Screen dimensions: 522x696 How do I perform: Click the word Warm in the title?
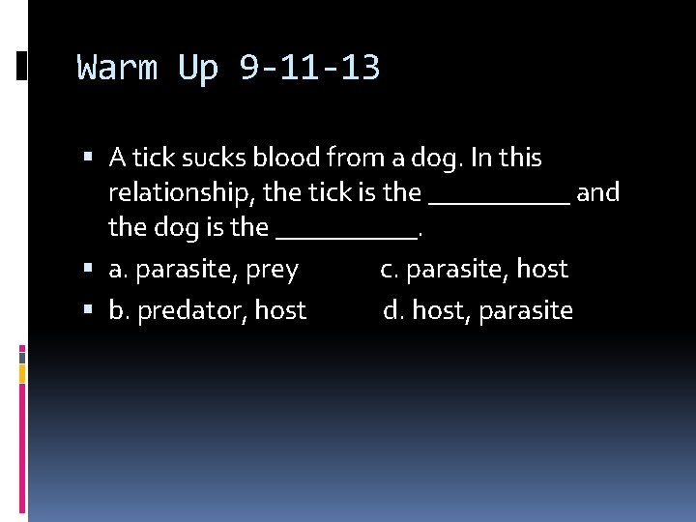117,69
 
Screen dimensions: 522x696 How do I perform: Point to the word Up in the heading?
198,69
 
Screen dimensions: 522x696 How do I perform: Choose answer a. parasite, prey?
204,270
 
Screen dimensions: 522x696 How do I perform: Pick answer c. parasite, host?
474,270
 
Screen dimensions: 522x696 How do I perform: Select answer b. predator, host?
208,310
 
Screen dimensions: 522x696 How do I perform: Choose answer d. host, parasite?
478,310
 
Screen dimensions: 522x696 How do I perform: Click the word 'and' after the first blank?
597,192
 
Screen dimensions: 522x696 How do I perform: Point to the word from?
353,157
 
